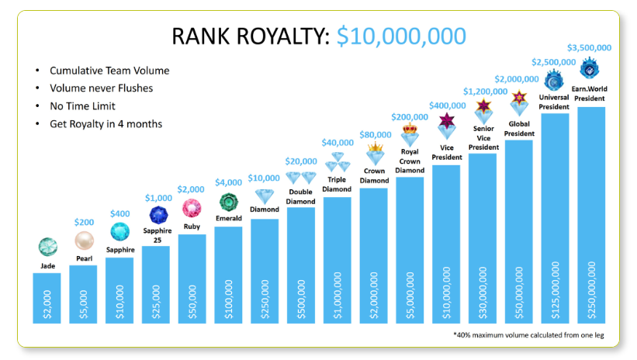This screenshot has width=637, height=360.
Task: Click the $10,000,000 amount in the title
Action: [x=401, y=36]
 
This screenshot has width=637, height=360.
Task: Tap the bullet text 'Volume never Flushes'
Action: [x=101, y=88]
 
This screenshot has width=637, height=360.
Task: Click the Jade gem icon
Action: [x=48, y=247]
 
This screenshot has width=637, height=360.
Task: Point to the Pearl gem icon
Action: [x=84, y=241]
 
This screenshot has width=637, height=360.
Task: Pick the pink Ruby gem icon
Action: [x=192, y=208]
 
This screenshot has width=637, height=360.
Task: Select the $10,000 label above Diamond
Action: [x=265, y=178]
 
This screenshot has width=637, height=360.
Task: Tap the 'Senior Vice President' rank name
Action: [x=483, y=137]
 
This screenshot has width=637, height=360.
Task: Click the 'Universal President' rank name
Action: [x=556, y=102]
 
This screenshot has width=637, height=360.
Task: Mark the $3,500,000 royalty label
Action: [x=590, y=47]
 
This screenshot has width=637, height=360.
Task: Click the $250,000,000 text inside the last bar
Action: [x=591, y=287]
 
